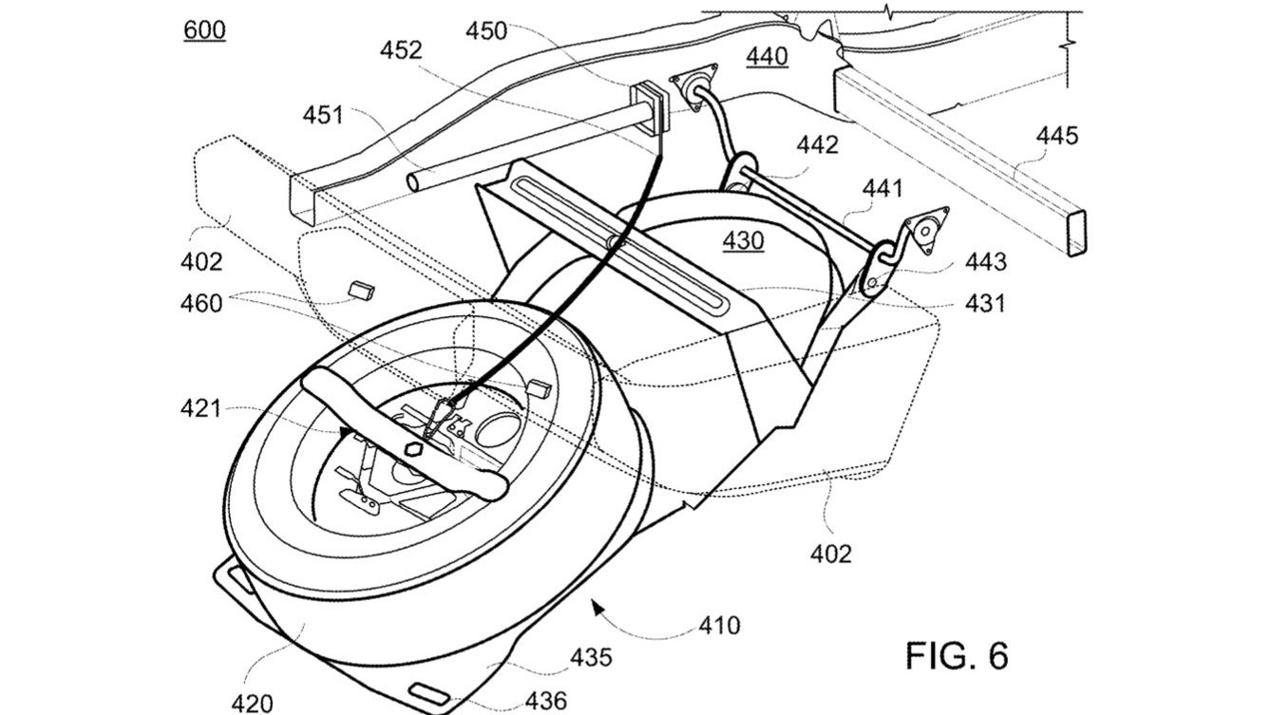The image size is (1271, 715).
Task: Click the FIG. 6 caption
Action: tap(956, 656)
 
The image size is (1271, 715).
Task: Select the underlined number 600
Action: tap(204, 30)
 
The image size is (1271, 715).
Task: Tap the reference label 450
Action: tap(485, 31)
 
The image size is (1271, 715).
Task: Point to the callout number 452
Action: tap(401, 50)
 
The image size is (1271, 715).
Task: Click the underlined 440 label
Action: tap(766, 57)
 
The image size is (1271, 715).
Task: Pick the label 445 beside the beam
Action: tap(1056, 137)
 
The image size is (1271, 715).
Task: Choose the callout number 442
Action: tap(818, 145)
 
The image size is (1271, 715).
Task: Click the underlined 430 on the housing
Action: tap(742, 242)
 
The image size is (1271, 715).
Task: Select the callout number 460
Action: tap(201, 304)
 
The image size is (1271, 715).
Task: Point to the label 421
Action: tap(200, 409)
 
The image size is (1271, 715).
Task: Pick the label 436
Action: tap(546, 702)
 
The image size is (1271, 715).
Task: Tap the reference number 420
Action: tap(252, 703)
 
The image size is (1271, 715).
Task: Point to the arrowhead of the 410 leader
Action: tap(595, 601)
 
